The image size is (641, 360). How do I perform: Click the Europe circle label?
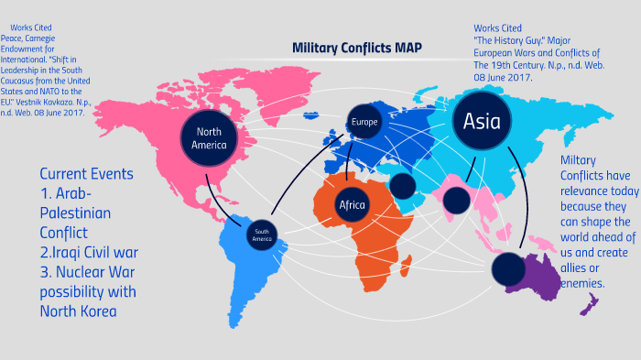364,121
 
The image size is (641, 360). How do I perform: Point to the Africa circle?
352,204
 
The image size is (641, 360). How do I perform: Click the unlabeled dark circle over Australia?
509,268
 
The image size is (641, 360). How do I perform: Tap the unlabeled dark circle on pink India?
455,199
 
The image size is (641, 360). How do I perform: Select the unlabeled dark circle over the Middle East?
402,186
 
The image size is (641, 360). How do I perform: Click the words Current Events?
86,173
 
